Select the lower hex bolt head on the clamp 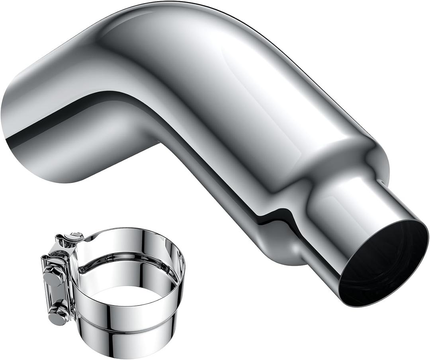click(x=57, y=314)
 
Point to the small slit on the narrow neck click(x=382, y=184)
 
